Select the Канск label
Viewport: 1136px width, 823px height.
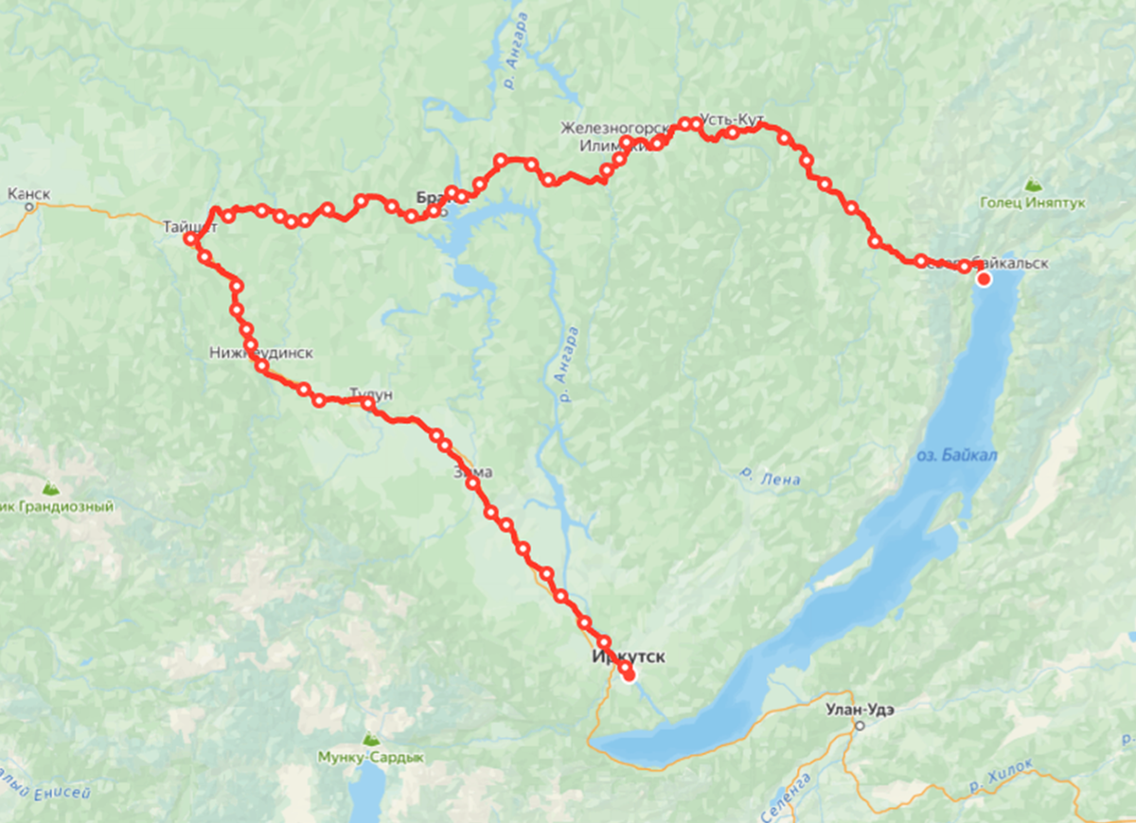click(x=28, y=194)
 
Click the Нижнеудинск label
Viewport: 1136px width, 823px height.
click(x=260, y=353)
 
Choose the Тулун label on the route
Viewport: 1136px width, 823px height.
click(x=370, y=393)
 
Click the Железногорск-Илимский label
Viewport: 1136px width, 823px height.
click(x=607, y=136)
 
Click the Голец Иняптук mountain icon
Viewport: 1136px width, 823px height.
click(x=1032, y=185)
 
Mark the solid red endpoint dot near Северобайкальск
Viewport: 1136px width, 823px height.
click(x=984, y=279)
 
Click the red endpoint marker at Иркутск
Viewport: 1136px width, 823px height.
click(x=629, y=673)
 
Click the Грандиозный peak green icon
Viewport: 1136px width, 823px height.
click(x=51, y=489)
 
